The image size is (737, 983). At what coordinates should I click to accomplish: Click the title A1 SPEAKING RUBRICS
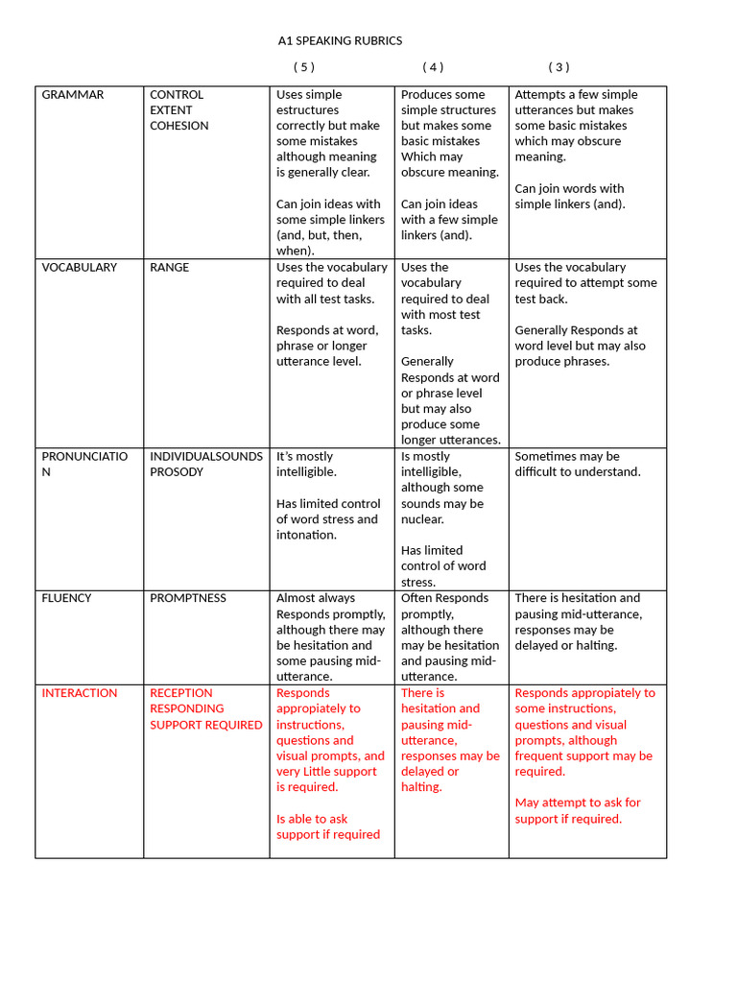340,40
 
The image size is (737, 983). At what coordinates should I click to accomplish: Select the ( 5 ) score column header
303,67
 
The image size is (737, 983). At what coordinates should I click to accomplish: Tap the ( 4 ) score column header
433,67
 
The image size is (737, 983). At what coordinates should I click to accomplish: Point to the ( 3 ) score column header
559,67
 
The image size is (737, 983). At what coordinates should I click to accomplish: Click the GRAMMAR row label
73,95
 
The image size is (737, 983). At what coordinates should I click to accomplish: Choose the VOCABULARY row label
79,268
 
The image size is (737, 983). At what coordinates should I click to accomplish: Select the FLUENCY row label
67,598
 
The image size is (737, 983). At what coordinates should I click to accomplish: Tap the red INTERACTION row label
80,693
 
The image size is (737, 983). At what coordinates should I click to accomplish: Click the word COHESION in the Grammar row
178,126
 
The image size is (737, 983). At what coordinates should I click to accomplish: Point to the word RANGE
170,268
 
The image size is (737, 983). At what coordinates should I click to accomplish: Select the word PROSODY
177,472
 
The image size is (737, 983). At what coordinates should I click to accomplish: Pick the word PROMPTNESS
188,598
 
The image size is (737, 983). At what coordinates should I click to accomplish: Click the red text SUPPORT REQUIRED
205,725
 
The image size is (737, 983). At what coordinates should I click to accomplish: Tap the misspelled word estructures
308,110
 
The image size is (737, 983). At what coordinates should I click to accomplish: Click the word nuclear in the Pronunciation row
422,519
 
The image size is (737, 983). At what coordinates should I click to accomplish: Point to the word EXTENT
171,110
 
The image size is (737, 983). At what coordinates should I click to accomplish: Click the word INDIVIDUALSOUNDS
205,457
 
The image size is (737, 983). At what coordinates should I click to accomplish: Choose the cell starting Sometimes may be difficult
577,465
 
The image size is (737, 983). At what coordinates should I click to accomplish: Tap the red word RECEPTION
181,693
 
